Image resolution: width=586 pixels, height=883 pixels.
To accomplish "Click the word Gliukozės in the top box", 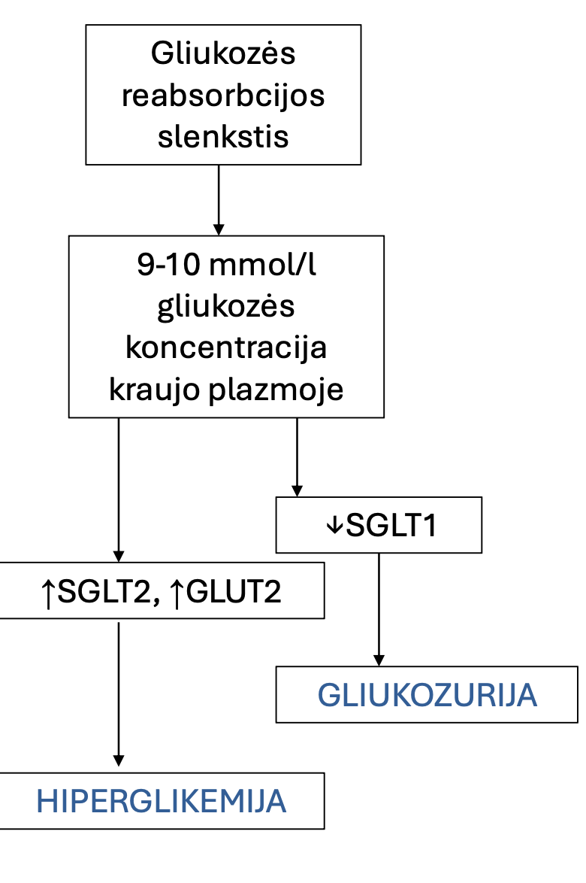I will point(223,54).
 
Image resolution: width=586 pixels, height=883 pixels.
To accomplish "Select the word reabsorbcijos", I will point(223,96).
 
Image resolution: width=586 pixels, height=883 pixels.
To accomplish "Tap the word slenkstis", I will point(223,138).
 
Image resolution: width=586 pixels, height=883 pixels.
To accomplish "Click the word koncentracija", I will point(225,349).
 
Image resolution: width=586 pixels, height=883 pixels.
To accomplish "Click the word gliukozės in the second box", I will point(225,308).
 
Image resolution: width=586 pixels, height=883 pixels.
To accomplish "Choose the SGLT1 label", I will point(391,526).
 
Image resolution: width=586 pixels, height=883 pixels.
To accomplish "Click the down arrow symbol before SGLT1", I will point(334,526).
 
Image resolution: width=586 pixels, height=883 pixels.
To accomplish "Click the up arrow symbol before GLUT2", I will point(176,592).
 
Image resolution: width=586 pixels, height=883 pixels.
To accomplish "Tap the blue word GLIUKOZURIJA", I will point(427,696).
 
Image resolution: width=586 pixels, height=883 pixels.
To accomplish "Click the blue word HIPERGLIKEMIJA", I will point(162,802).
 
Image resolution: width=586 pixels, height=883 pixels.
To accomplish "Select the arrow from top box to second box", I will point(219,199).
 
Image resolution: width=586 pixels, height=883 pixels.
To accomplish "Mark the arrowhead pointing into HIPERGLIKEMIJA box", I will point(118,760).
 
